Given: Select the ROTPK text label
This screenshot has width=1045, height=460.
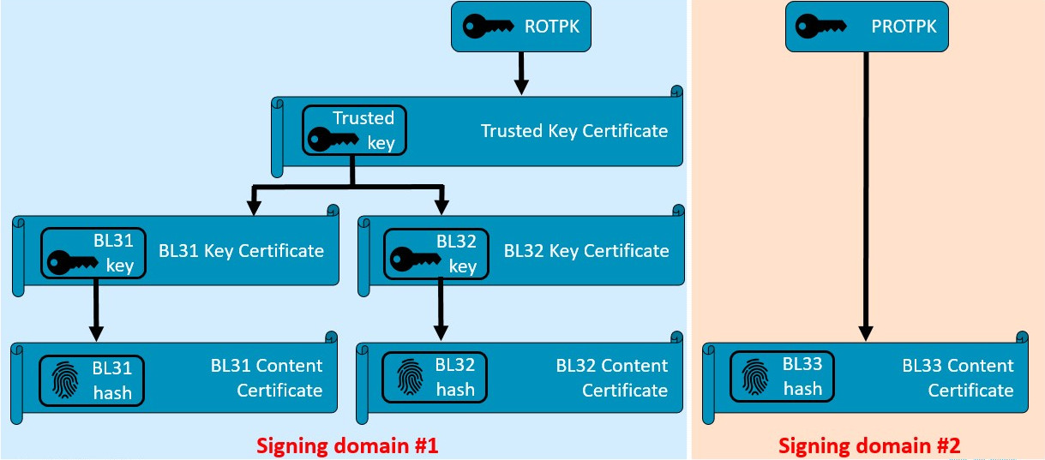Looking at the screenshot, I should tap(552, 27).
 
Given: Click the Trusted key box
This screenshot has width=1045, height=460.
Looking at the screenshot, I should tap(354, 130).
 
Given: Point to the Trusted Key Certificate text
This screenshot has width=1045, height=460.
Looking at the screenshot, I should tap(574, 131).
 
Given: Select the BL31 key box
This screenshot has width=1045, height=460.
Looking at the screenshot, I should tap(93, 253).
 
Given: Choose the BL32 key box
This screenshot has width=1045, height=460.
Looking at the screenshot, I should tap(435, 253).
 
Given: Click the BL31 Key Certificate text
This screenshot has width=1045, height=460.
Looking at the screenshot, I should tap(241, 251).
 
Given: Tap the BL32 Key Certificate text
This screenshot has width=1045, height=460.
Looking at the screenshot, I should tap(586, 251).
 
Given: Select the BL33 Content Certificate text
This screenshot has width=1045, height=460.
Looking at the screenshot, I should tap(957, 378).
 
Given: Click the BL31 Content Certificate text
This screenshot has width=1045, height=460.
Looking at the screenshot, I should tap(267, 378).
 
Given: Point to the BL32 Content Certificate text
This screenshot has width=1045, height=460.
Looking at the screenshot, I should tap(611, 378).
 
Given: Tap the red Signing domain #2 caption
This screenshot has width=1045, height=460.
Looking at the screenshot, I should tap(869, 445).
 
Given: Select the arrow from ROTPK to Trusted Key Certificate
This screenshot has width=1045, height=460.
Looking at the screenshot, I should tap(520, 73).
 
